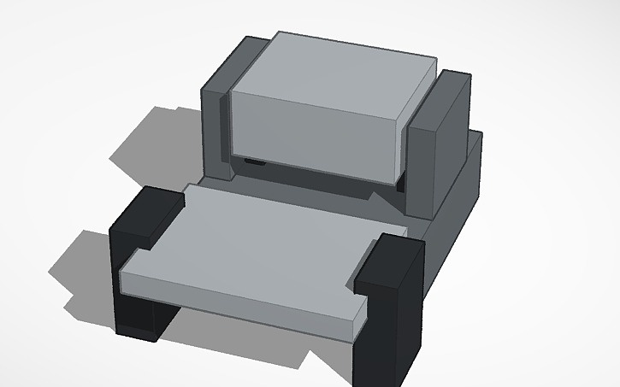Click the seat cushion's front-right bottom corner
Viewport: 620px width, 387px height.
(x=354, y=340)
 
